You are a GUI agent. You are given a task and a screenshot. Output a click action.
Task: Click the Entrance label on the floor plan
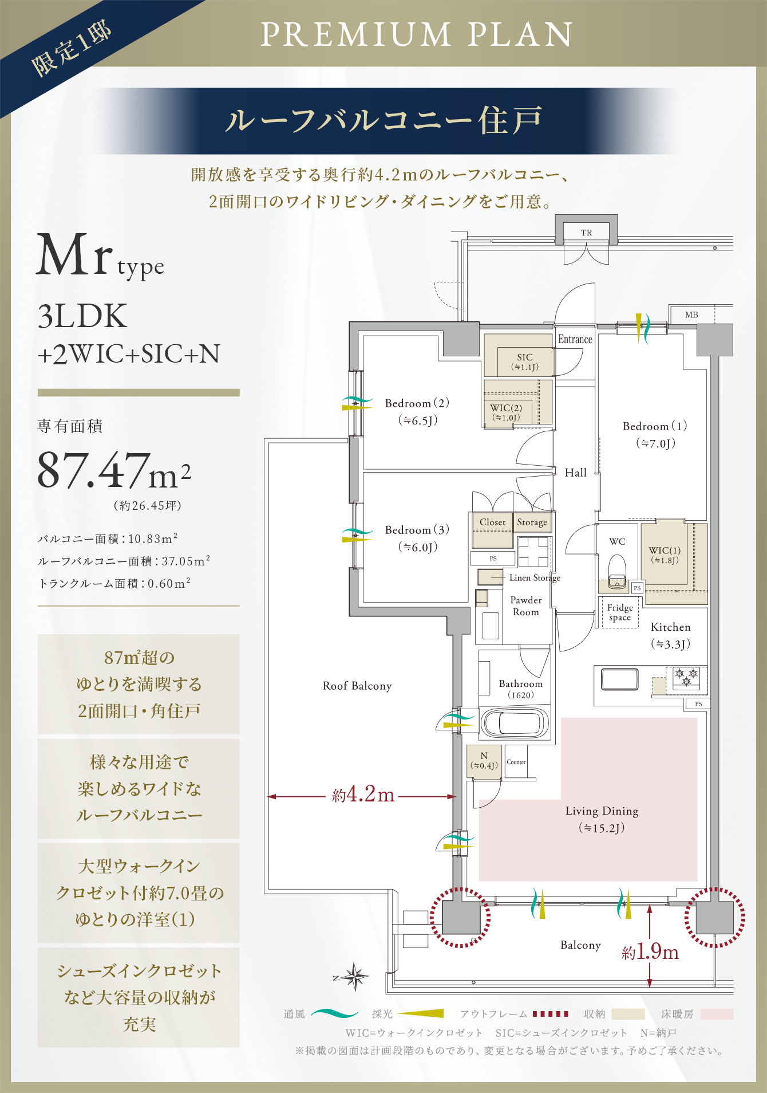pos(575,339)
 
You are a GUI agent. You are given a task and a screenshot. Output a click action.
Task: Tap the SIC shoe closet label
pos(524,361)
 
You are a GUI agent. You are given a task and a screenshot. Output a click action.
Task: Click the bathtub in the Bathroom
pos(515,723)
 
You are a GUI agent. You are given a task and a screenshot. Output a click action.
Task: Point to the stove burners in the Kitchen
pos(686,677)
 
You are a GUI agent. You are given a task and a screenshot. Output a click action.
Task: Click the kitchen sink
pos(619,679)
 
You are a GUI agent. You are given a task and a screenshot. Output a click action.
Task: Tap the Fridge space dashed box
pos(620,612)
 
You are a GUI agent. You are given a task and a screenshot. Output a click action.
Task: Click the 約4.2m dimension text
pos(363,795)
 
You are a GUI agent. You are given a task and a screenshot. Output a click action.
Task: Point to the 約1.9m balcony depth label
pos(650,952)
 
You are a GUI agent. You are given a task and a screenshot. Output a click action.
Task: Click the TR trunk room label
pos(586,233)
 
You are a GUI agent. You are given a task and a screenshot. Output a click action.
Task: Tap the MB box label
pos(691,314)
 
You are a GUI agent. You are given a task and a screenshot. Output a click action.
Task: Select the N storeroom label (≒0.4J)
pos(484,761)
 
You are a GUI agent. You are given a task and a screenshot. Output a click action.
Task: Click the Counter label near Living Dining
pos(516,762)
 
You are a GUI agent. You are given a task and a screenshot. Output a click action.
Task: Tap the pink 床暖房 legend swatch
pos(717,1014)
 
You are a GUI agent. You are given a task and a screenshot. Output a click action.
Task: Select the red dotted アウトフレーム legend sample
pos(550,1014)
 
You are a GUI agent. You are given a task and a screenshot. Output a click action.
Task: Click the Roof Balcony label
pos(357,686)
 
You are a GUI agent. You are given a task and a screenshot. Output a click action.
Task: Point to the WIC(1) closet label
pos(665,555)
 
